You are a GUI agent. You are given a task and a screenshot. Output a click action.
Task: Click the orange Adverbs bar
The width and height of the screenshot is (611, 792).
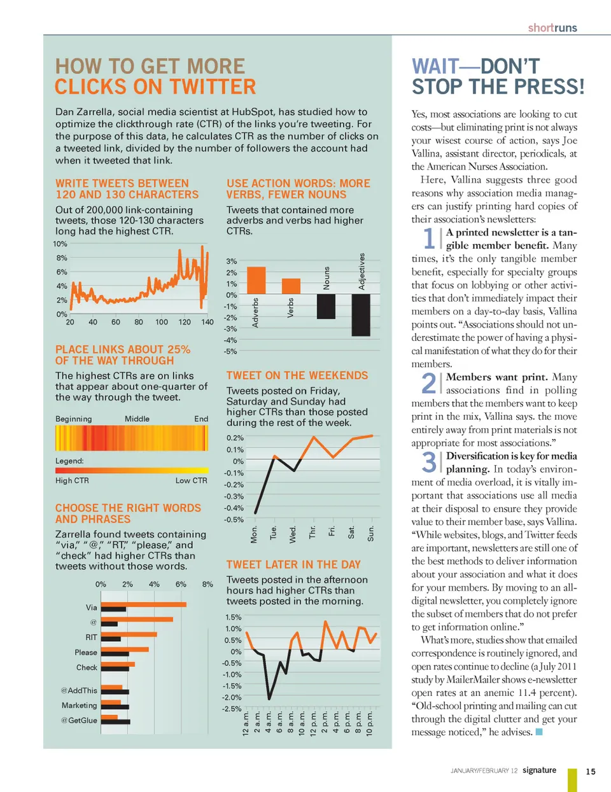point(256,280)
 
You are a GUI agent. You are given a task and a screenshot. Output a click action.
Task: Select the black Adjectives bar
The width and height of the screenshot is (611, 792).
point(361,314)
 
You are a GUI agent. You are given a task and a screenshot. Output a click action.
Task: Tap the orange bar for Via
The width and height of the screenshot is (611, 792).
point(144,604)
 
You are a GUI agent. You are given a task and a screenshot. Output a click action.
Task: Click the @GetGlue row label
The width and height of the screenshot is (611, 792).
point(79,721)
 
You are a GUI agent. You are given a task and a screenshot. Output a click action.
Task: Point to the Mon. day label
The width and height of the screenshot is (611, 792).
point(255,534)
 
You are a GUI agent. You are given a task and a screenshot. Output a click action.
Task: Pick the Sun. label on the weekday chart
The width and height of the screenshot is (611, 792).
point(371,533)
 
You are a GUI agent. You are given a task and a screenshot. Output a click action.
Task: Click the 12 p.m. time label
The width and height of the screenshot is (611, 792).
point(313,723)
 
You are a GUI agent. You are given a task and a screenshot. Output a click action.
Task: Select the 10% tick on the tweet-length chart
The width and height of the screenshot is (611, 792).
point(60,244)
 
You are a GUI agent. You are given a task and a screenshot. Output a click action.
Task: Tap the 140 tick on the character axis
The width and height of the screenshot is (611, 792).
point(207,323)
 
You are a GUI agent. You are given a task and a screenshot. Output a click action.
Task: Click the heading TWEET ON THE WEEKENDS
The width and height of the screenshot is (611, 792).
point(297,376)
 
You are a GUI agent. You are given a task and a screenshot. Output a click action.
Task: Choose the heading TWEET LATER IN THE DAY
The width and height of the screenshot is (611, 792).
point(293,565)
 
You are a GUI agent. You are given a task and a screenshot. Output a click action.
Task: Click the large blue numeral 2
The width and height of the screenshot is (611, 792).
point(429,384)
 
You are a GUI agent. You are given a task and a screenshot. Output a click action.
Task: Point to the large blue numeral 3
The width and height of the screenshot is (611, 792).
point(429,462)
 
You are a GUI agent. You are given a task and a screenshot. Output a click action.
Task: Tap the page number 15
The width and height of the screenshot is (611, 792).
point(591,772)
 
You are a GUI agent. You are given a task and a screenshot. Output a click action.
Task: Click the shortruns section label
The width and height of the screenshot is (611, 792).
point(552,28)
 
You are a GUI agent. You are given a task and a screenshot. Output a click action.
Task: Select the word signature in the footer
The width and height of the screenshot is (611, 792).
point(539,770)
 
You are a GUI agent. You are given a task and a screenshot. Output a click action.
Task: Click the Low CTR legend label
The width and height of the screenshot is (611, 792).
point(191,481)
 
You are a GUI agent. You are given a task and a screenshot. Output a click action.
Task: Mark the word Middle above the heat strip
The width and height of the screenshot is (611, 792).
point(137,419)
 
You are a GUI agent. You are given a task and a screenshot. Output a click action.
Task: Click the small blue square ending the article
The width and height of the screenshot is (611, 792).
point(539,732)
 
